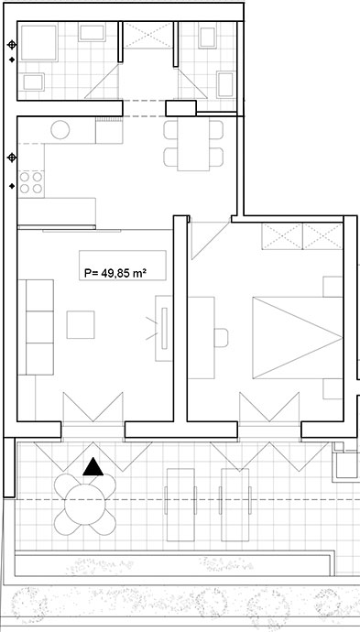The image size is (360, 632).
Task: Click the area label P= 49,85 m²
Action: (x=115, y=273)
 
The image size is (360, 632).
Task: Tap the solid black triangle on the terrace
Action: (x=93, y=466)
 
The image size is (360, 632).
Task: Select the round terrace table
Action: (x=84, y=505)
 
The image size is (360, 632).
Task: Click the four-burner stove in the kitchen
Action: (x=31, y=182)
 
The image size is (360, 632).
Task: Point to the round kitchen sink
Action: (x=60, y=130)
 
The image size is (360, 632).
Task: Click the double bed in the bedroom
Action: (x=298, y=338)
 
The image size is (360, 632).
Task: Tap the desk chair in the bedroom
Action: (x=221, y=338)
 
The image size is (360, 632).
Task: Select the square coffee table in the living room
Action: (x=81, y=324)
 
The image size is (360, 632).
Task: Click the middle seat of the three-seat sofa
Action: (x=40, y=327)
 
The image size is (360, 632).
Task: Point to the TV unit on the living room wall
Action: (x=164, y=328)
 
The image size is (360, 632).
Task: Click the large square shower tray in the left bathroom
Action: (x=38, y=42)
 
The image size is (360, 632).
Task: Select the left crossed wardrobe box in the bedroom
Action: (x=282, y=236)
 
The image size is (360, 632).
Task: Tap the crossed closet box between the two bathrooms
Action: (x=147, y=36)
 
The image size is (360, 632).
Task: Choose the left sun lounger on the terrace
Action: (x=180, y=505)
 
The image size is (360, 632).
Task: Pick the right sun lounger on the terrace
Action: (x=235, y=505)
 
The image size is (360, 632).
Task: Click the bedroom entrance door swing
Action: (x=210, y=240)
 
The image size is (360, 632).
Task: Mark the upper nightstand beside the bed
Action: (x=333, y=287)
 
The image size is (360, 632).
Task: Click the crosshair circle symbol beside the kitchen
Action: (x=12, y=158)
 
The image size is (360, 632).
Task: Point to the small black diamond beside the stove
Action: (x=12, y=186)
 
